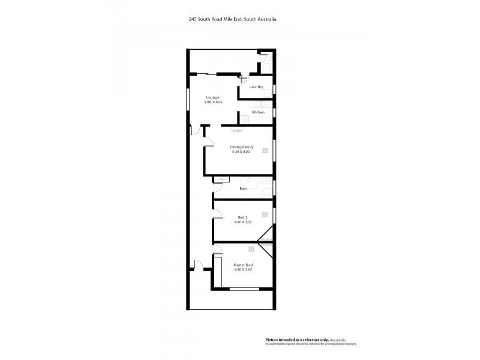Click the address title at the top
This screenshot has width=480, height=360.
click(x=233, y=19)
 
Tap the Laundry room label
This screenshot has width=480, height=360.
click(x=257, y=88)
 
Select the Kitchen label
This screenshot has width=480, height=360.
click(x=258, y=112)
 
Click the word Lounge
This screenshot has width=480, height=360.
click(x=213, y=97)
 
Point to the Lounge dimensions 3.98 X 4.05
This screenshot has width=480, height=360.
click(x=213, y=102)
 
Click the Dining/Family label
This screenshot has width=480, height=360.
click(x=242, y=147)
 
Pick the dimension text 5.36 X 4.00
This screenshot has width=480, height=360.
click(x=241, y=152)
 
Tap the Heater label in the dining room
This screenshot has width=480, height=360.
click(x=238, y=130)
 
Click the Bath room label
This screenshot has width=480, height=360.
click(x=243, y=189)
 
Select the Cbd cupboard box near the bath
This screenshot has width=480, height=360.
click(x=222, y=179)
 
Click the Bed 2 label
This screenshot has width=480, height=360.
click(x=242, y=217)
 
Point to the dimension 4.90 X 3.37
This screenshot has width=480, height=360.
click(x=242, y=222)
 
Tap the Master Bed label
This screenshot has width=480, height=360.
click(x=243, y=265)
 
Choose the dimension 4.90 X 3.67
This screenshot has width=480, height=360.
click(x=243, y=269)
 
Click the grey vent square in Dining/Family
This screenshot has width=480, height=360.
click(x=265, y=151)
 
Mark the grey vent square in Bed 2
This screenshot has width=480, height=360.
click(x=265, y=214)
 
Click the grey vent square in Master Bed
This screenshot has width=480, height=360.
click(x=251, y=248)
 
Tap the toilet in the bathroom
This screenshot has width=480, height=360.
click(x=266, y=191)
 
